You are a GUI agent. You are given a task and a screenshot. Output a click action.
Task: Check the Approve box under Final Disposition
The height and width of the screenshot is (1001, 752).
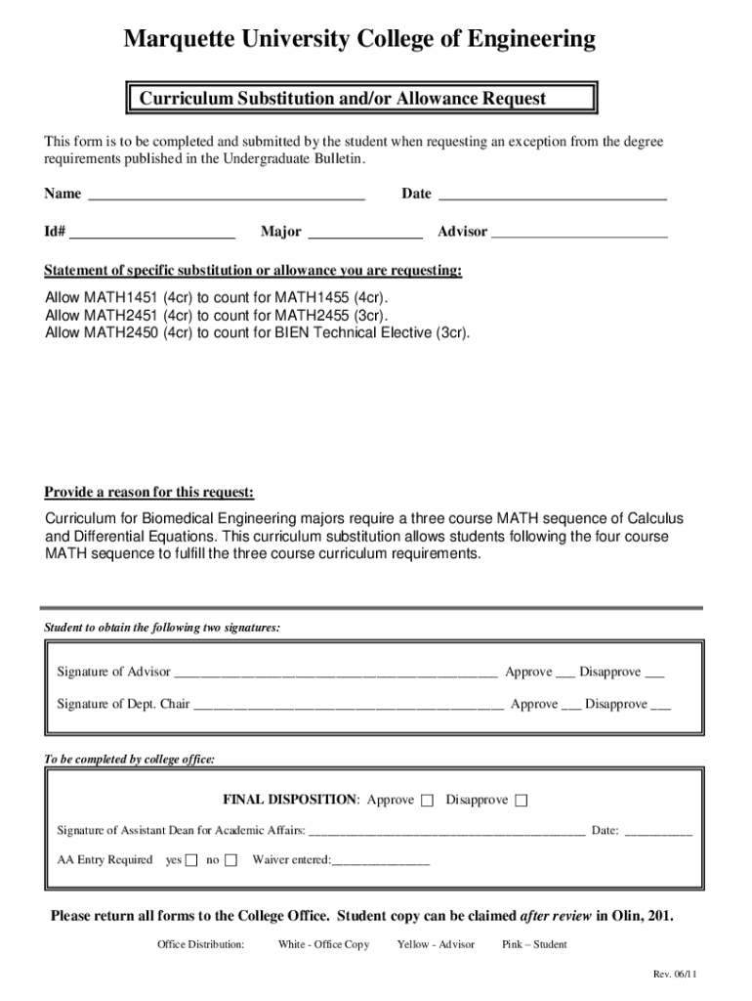click(x=428, y=802)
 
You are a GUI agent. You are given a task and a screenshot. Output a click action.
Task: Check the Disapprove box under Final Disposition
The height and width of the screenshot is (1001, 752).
click(x=522, y=802)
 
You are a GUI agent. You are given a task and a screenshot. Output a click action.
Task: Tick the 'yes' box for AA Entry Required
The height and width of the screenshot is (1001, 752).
click(x=191, y=860)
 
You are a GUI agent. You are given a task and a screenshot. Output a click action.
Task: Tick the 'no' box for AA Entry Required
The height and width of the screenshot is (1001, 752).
click(x=230, y=860)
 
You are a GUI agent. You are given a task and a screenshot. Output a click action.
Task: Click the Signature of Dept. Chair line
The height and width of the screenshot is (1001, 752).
click(x=349, y=706)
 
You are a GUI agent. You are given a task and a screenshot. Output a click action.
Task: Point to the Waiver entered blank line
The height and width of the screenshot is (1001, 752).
click(x=381, y=862)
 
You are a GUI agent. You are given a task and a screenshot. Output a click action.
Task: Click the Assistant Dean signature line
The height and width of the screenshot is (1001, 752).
click(x=447, y=833)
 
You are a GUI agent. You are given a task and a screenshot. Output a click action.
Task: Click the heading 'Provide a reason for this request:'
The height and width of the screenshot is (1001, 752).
click(x=149, y=492)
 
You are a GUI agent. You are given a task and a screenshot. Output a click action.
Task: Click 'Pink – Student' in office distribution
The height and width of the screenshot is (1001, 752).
click(x=534, y=944)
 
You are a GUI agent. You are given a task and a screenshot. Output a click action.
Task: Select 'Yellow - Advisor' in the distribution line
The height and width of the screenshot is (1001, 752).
click(x=436, y=944)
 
